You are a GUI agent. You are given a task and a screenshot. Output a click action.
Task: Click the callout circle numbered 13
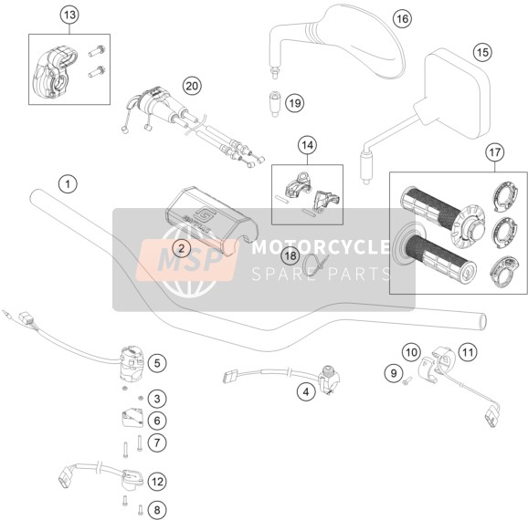69,16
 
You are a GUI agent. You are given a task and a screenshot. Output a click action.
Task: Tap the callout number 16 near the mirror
403,19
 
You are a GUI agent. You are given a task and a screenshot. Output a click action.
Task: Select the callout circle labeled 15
482,53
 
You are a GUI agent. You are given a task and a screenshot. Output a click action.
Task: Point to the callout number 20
192,86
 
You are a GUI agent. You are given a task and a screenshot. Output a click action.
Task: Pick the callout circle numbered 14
307,145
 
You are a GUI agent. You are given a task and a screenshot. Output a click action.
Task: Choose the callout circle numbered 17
495,152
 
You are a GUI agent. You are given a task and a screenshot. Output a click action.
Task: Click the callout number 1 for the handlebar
68,184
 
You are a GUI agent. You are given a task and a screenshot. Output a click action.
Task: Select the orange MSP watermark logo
187,260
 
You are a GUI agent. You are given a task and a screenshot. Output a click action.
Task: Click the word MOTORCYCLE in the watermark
321,247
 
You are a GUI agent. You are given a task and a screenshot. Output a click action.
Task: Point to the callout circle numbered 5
157,363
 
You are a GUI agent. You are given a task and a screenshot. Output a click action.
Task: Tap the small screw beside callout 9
407,380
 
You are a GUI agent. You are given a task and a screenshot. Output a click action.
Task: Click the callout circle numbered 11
468,352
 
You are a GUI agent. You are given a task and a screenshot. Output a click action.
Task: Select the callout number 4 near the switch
306,392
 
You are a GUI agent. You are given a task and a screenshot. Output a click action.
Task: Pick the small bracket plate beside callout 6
132,418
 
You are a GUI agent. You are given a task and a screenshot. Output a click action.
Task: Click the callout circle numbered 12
157,482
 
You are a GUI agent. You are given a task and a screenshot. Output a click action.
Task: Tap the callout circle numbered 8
157,510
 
